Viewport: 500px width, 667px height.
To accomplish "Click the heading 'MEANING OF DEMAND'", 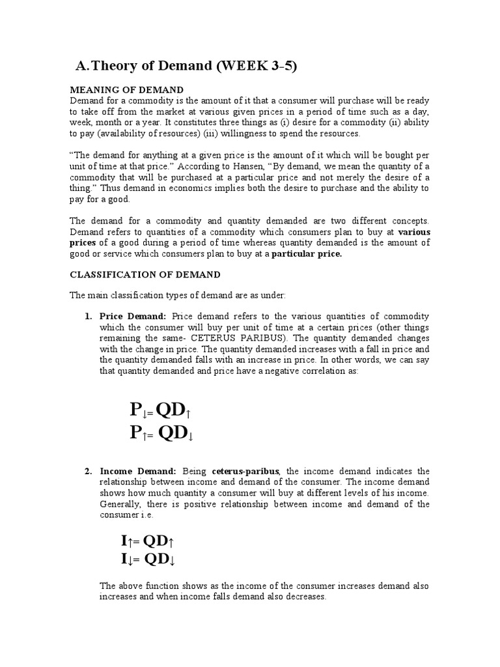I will tap(126, 89).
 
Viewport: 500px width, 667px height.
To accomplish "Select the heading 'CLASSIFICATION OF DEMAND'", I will tap(145, 274).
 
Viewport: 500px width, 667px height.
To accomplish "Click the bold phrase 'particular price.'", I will tap(306, 254).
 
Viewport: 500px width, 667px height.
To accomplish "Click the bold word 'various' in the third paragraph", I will tap(413, 232).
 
